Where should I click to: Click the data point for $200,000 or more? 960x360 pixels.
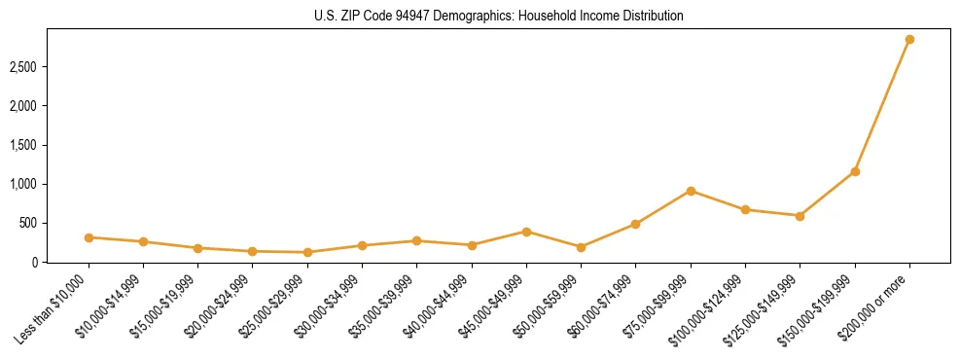tap(909, 40)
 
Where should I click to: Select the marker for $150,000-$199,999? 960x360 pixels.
tap(855, 171)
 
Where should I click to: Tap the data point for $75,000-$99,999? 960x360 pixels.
tap(691, 191)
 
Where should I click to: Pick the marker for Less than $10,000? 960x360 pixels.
tap(89, 237)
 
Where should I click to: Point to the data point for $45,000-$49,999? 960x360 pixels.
tap(526, 232)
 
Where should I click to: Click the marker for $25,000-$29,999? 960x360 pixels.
tap(307, 252)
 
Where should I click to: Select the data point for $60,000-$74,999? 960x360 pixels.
tap(635, 224)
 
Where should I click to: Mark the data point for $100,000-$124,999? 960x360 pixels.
tap(745, 209)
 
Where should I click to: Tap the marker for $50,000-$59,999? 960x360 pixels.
tap(581, 247)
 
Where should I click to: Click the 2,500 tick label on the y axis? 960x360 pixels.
tap(22, 67)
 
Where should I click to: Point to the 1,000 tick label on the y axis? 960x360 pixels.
tap(22, 184)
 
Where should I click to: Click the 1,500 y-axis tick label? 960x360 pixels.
tap(22, 145)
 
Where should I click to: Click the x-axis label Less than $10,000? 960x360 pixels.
tap(53, 308)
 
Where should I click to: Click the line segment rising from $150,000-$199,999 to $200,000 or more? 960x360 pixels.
tap(882, 105)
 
